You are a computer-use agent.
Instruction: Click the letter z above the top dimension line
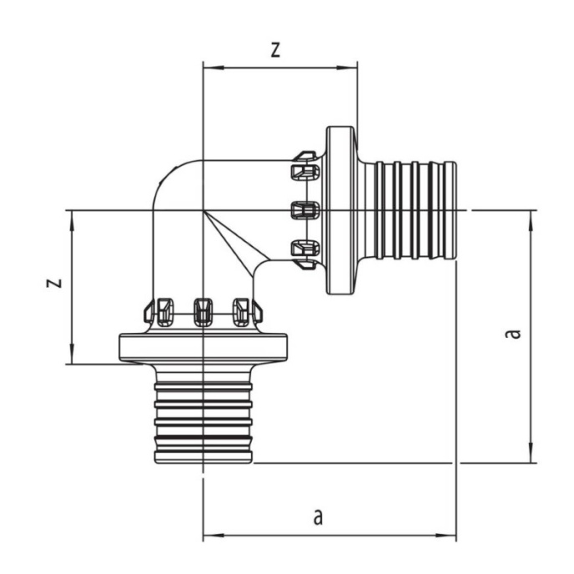(x=275, y=50)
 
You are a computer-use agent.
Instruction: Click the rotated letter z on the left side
(x=54, y=283)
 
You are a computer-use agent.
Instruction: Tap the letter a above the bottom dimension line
(x=318, y=517)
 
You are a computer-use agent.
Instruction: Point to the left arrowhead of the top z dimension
(x=213, y=68)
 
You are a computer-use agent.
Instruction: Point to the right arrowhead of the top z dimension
(x=347, y=68)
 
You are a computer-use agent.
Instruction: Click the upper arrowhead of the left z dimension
(x=72, y=221)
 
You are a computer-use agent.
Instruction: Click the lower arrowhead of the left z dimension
(x=72, y=354)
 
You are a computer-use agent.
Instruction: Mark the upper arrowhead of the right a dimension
(x=530, y=221)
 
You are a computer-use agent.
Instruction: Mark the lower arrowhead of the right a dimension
(x=530, y=453)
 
